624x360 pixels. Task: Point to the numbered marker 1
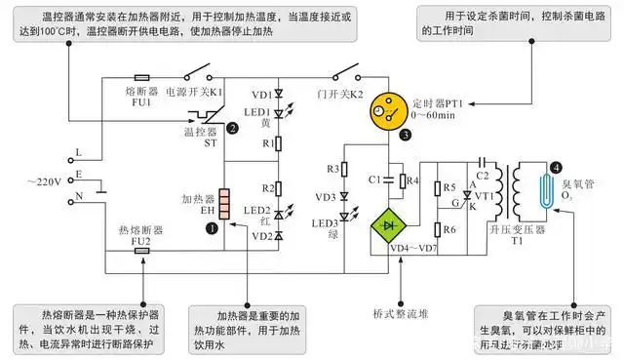pos(212,228)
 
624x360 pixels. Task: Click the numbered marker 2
pos(232,127)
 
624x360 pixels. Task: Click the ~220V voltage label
pos(49,181)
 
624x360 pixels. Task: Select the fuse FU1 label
pos(143,96)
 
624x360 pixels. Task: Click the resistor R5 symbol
pos(440,187)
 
